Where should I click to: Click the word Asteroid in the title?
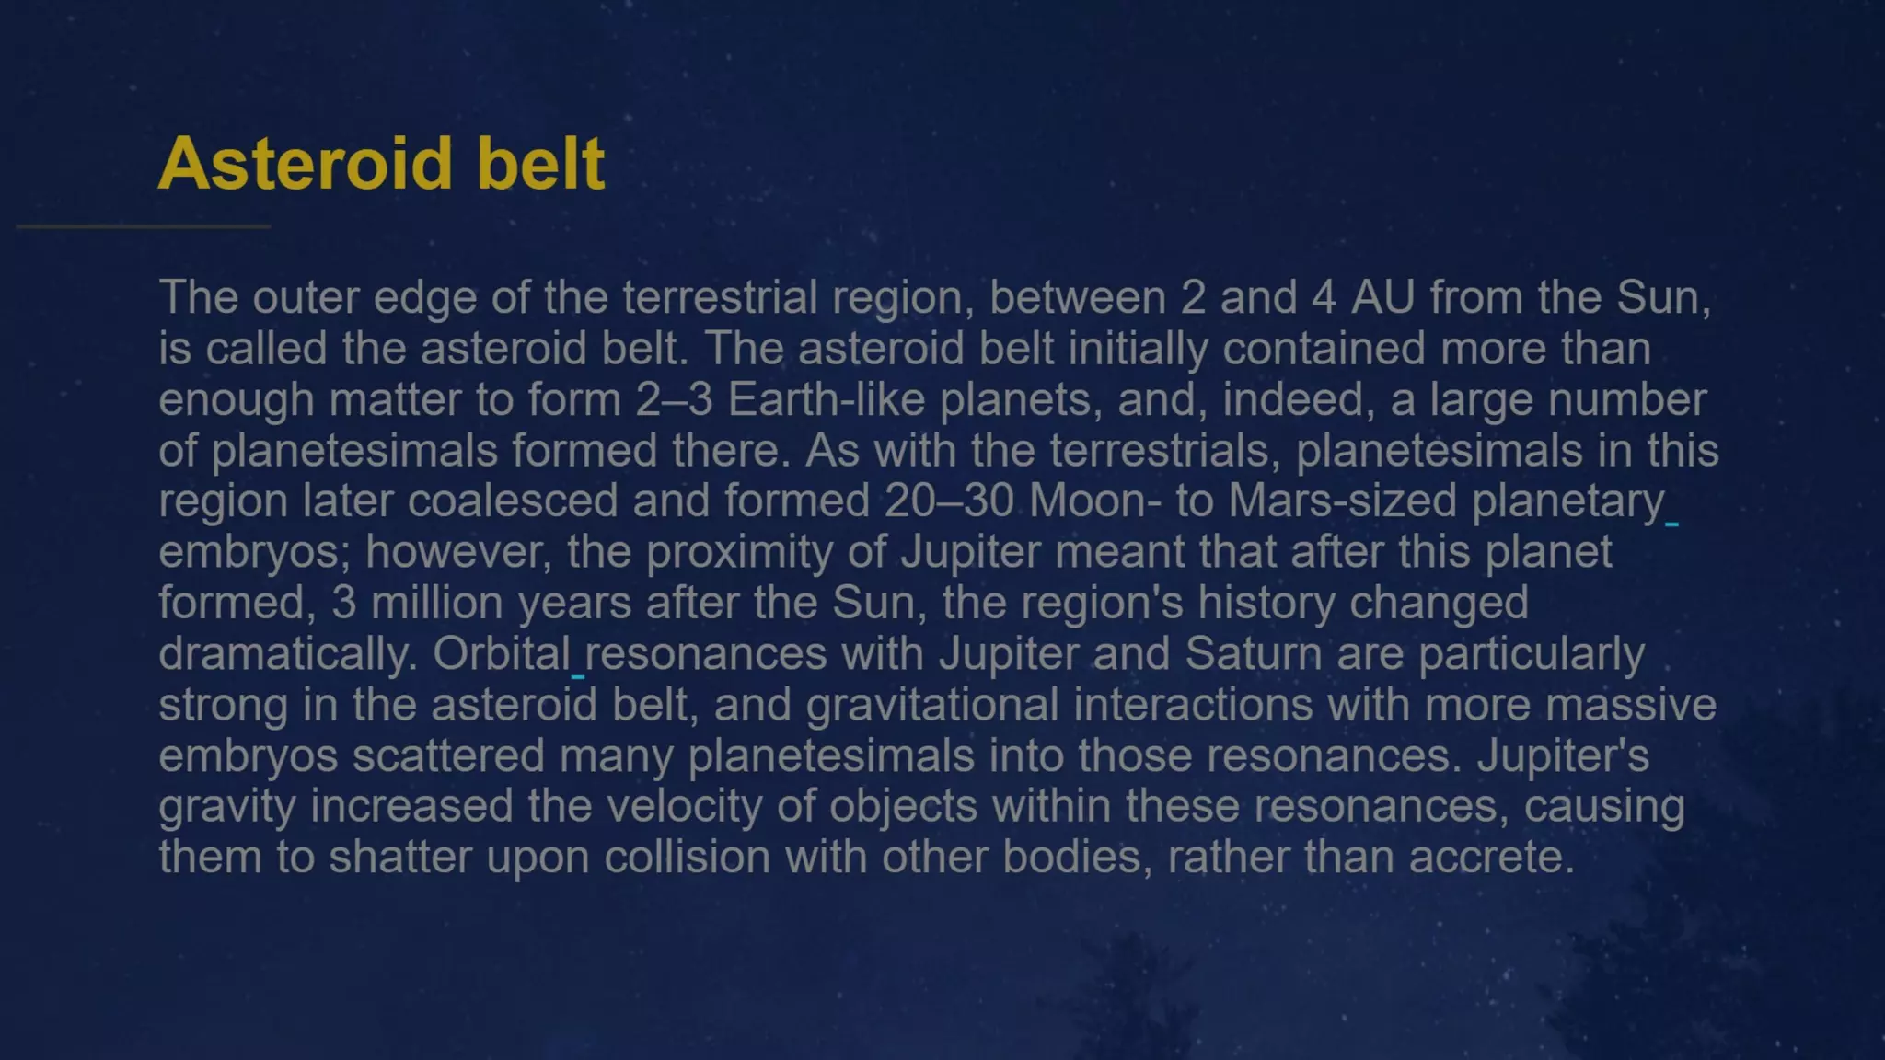pyautogui.click(x=305, y=164)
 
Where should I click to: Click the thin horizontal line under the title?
pyautogui.click(x=144, y=225)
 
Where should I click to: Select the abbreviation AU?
pyautogui.click(x=1382, y=297)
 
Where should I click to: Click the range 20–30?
pyautogui.click(x=949, y=501)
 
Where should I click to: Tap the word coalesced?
pyautogui.click(x=513, y=501)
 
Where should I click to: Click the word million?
pyautogui.click(x=436, y=604)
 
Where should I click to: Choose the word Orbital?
pyautogui.click(x=502, y=654)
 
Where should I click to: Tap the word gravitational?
pyautogui.click(x=932, y=706)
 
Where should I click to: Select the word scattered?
pyautogui.click(x=448, y=756)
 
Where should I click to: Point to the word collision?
pyautogui.click(x=688, y=858)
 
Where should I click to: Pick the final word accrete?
pyautogui.click(x=1490, y=858)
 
